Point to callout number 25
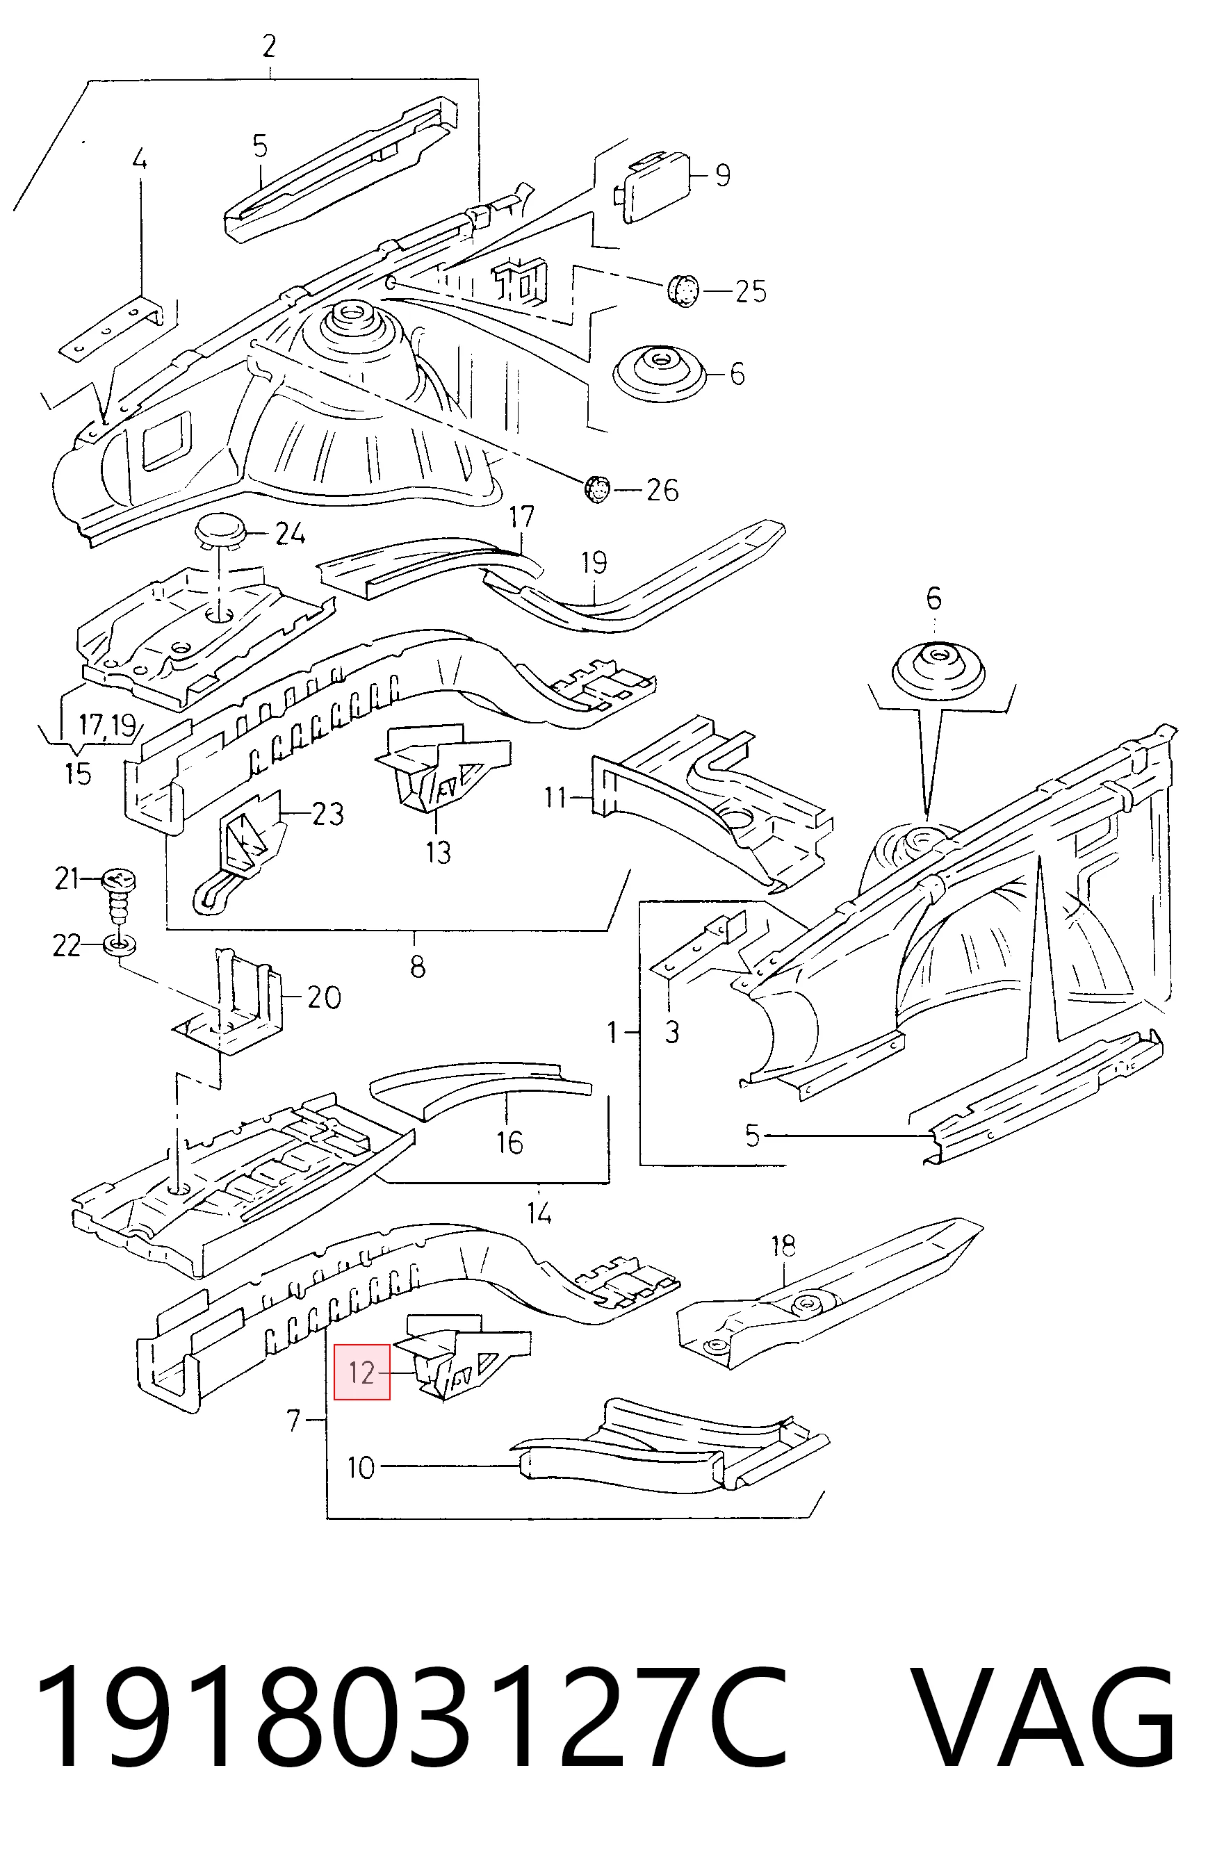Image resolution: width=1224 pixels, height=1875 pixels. [x=751, y=291]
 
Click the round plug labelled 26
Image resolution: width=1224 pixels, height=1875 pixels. [x=598, y=489]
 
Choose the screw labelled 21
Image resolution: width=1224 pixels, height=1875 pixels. [x=119, y=896]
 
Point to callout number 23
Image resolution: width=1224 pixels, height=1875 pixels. [x=328, y=812]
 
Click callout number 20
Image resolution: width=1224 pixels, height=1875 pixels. [x=324, y=997]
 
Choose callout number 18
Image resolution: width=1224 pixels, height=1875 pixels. [x=783, y=1245]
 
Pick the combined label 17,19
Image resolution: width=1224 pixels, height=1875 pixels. [x=108, y=725]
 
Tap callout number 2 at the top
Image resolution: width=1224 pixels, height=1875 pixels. [x=269, y=47]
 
